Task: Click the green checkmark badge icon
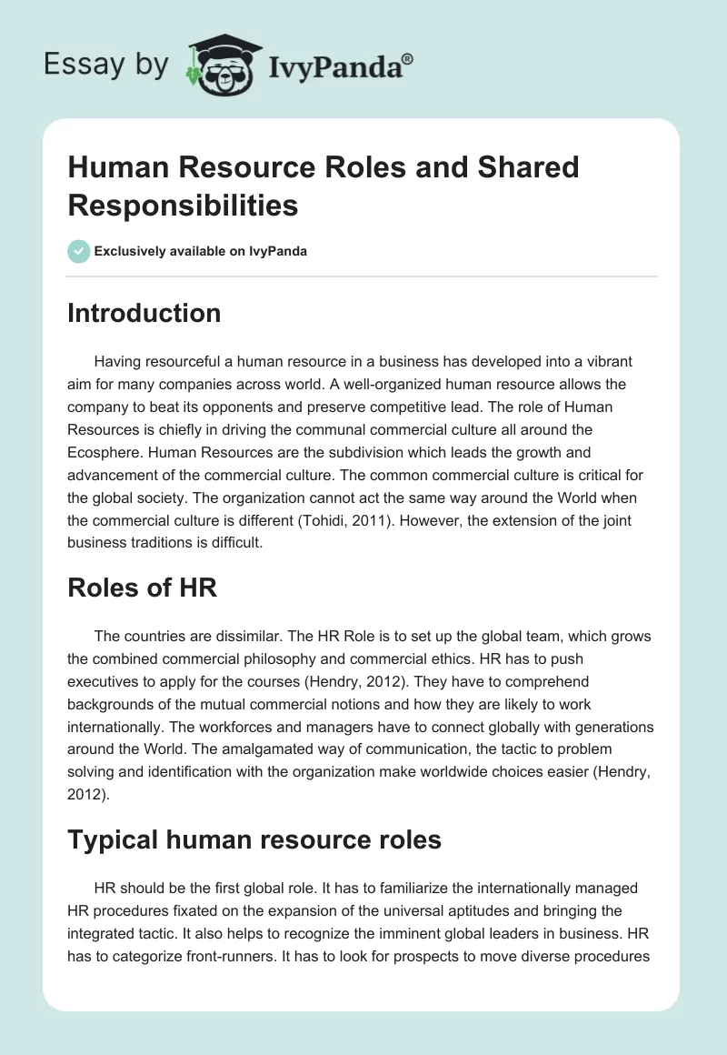coord(78,251)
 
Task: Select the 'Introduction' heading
coord(144,313)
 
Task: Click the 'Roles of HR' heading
coord(142,587)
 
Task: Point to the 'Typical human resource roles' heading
coord(254,839)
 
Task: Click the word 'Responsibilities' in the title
coord(183,206)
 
